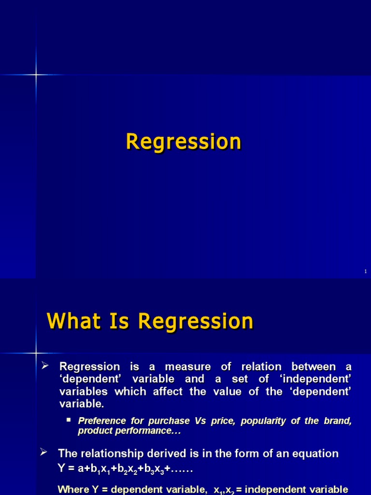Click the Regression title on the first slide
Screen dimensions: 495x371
(184, 142)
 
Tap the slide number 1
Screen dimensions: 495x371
(366, 272)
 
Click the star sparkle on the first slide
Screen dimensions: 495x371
(35, 74)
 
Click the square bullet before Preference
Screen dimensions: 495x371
(68, 420)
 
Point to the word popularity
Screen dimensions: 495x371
(259, 421)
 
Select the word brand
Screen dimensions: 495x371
(339, 421)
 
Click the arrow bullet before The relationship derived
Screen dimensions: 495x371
(43, 453)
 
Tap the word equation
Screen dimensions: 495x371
(317, 453)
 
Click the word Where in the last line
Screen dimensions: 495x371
(73, 489)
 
